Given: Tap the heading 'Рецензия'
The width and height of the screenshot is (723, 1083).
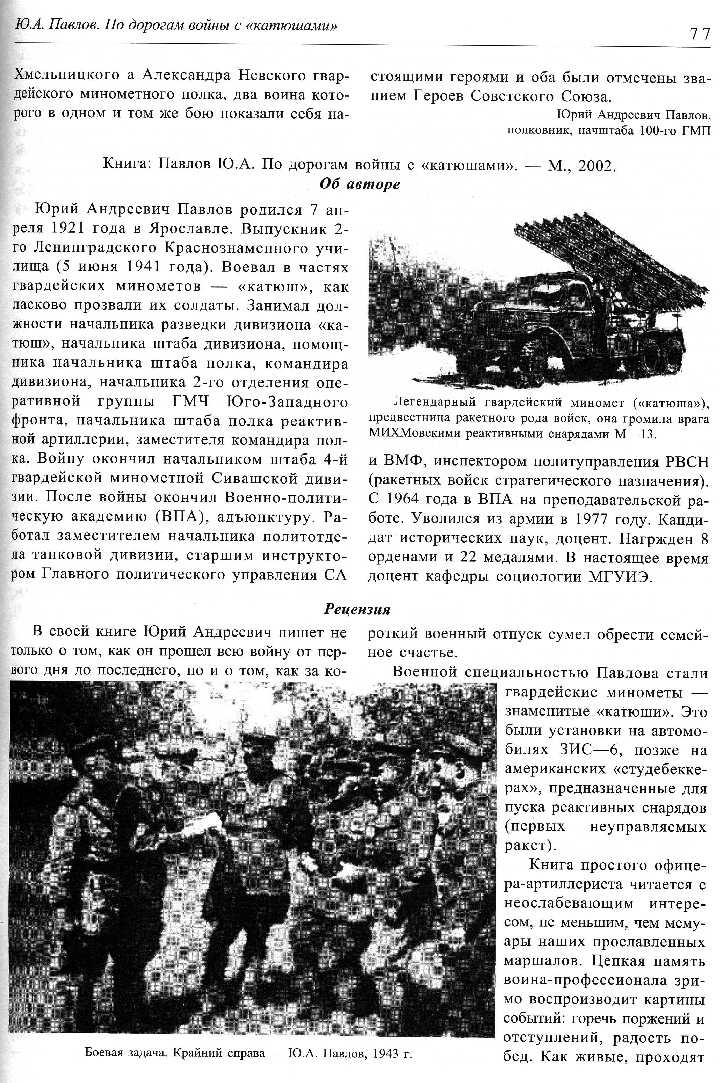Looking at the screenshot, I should point(357,609).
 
